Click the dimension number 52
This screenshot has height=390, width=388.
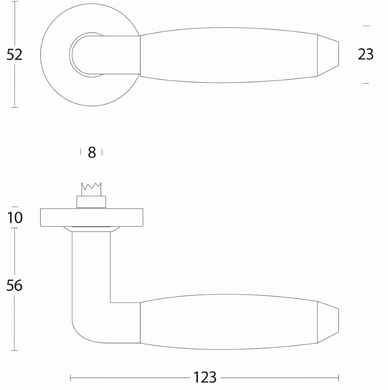(14, 55)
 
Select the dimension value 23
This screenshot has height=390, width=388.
(366, 55)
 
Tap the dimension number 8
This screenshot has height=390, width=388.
(92, 152)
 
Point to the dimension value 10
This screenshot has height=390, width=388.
(15, 218)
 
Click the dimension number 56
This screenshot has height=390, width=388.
(14, 286)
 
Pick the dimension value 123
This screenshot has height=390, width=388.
(205, 378)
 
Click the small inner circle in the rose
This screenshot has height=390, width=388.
(82, 55)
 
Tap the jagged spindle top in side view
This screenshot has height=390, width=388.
(91, 190)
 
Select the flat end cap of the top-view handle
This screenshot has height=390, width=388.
(328, 55)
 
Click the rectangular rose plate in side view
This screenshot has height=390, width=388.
(91, 218)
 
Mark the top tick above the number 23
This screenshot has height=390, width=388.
(366, 26)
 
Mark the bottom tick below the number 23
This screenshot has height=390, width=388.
(366, 83)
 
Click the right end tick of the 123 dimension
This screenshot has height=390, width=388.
(338, 378)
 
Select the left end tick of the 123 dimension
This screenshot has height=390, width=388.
(70, 378)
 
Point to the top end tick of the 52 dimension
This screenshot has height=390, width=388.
(14, 2)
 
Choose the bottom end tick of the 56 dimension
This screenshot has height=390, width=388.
(14, 351)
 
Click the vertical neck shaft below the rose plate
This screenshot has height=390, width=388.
(91, 269)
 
